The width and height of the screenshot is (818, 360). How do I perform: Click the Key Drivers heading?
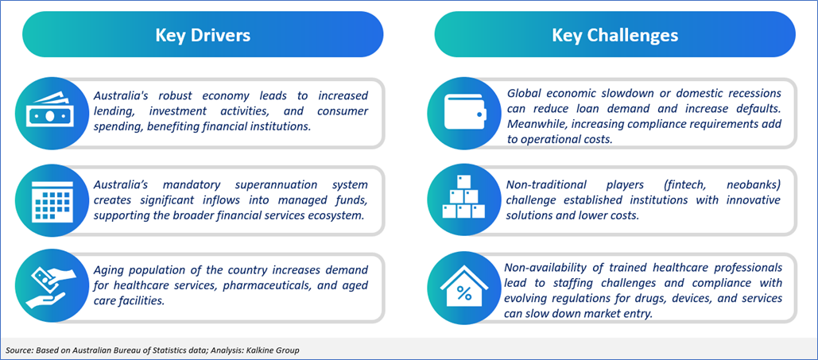[x=203, y=35]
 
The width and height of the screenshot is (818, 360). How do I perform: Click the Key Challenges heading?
[x=615, y=35]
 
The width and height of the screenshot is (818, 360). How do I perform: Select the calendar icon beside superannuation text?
[x=52, y=202]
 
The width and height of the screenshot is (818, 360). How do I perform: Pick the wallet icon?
[x=465, y=113]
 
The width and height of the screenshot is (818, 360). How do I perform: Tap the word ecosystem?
[x=336, y=215]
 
